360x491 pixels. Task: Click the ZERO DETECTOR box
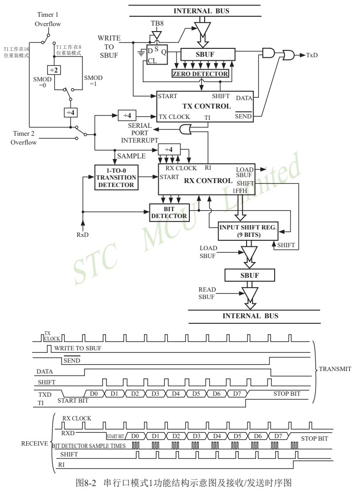tap(201, 74)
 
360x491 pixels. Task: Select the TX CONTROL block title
tap(207, 106)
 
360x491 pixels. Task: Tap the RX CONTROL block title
tap(208, 180)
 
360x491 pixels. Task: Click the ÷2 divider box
tap(54, 70)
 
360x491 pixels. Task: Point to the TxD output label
tap(312, 55)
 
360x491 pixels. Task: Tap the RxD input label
tap(82, 235)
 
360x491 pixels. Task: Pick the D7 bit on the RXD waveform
tap(278, 436)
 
